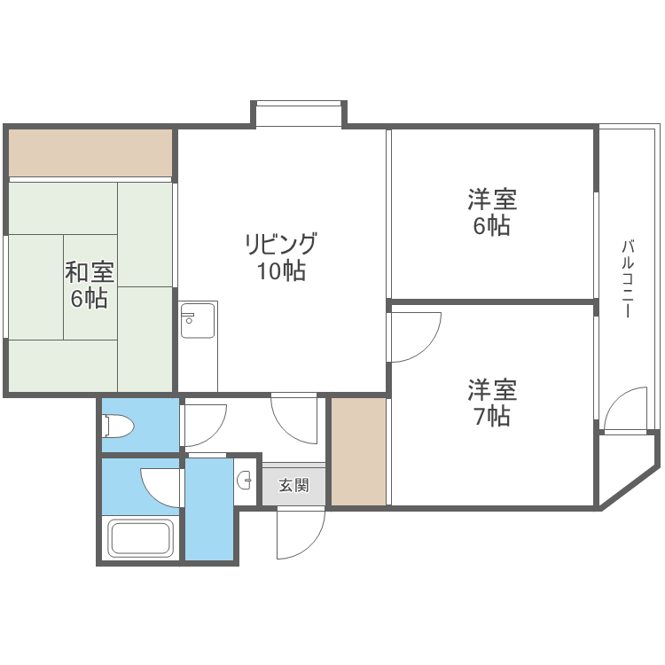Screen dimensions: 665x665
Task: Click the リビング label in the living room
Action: click(281, 244)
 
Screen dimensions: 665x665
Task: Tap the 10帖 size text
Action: click(281, 270)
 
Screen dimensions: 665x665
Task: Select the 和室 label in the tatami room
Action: click(89, 272)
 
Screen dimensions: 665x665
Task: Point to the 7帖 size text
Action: click(491, 416)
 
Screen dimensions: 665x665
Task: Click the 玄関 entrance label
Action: click(293, 484)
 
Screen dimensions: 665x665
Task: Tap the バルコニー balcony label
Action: click(628, 278)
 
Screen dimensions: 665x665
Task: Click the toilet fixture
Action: click(118, 426)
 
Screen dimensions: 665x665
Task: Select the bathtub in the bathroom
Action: click(140, 538)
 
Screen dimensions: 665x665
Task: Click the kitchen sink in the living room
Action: click(198, 320)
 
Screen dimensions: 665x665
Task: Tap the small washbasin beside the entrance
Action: click(245, 481)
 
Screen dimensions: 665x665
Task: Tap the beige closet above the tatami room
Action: click(90, 153)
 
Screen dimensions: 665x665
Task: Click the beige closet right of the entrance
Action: click(358, 451)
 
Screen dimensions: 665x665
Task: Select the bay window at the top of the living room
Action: click(299, 113)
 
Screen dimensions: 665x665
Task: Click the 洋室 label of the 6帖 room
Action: click(492, 199)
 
